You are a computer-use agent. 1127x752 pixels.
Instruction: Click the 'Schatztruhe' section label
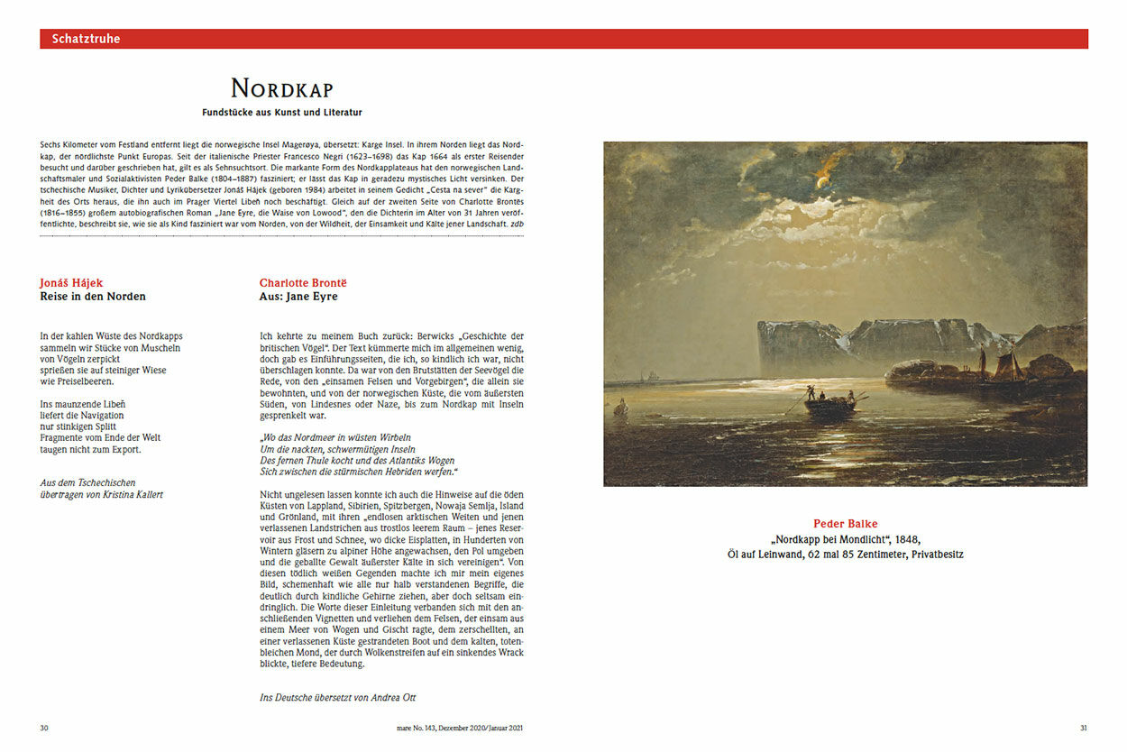[x=86, y=39]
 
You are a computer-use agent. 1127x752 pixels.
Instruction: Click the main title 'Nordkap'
[x=282, y=88]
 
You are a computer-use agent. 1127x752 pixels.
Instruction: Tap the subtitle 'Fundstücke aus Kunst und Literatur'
[x=282, y=113]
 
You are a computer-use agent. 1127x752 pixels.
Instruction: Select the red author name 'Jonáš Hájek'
[x=71, y=283]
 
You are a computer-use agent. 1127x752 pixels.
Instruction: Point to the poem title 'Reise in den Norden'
[x=93, y=297]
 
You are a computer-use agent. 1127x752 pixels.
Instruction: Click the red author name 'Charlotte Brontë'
[x=303, y=283]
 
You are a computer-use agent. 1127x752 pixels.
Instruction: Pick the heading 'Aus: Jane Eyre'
[x=298, y=297]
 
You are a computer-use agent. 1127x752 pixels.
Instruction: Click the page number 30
[x=44, y=728]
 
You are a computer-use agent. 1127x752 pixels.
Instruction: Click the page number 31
[x=1084, y=728]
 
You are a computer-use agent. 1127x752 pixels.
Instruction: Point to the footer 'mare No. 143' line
[x=445, y=728]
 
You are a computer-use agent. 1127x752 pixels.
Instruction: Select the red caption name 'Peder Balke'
[x=845, y=524]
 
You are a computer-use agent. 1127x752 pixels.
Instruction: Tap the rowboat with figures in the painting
[x=824, y=403]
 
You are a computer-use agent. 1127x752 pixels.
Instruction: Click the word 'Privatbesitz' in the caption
[x=932, y=554]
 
